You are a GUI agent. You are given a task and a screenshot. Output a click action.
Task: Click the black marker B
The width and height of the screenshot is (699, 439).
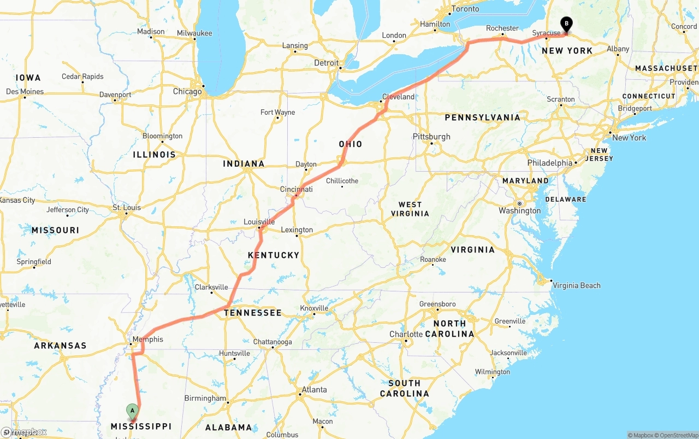[x=567, y=24]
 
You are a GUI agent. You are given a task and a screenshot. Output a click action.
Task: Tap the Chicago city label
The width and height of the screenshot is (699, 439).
[x=187, y=91]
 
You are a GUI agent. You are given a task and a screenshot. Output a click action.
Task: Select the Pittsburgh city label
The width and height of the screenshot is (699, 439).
[x=431, y=136]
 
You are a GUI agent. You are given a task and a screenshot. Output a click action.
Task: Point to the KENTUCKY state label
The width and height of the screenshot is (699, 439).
[x=274, y=255]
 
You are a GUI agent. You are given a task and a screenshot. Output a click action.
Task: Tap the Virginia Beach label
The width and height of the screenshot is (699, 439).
[x=576, y=285]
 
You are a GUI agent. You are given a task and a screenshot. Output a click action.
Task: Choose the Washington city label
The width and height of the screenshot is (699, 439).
[x=519, y=210]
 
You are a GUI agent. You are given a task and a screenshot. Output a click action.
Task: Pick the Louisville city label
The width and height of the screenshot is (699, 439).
[x=259, y=222]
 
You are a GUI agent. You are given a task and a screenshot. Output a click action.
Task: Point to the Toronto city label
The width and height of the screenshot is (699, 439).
[x=465, y=9]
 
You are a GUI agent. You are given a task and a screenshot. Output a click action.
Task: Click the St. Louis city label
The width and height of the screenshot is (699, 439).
[x=126, y=207]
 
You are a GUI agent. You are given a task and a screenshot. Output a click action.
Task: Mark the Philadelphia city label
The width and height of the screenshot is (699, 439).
[x=549, y=163]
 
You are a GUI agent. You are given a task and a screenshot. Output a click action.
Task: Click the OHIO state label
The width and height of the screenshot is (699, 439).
[x=350, y=144]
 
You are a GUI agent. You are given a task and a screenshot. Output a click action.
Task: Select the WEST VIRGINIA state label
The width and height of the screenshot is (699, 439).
[x=410, y=209]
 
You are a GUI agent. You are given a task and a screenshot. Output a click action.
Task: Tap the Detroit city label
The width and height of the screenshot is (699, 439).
[x=326, y=63]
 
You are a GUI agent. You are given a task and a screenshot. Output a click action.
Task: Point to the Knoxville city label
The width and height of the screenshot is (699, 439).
[x=314, y=308]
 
